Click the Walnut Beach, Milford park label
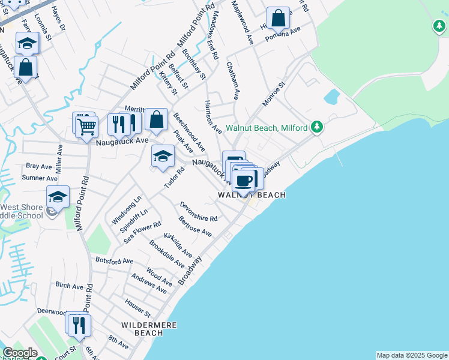(267, 128)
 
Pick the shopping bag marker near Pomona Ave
(278, 19)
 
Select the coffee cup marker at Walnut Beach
(244, 180)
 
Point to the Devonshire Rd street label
(198, 211)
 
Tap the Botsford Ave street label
(114, 261)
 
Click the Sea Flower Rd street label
(142, 232)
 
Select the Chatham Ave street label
(233, 82)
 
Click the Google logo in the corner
(20, 353)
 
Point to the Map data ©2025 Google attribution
(411, 355)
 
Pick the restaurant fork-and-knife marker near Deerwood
(79, 325)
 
